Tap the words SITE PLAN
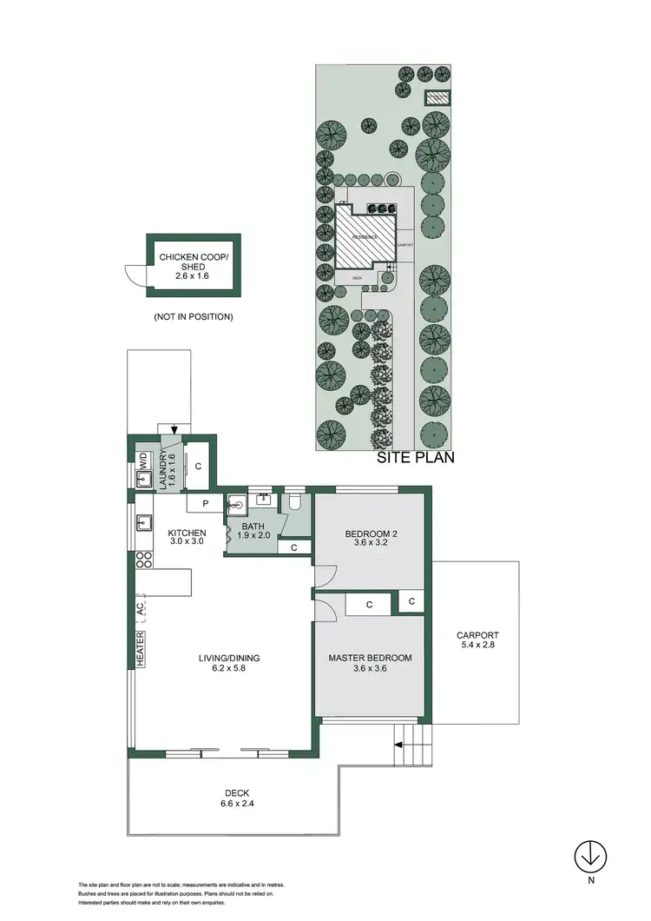415,459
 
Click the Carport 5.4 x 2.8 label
477,640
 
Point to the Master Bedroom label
370,664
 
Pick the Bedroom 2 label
371,539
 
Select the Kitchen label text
187,538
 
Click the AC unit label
141,609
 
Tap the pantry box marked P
206,502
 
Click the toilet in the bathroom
295,501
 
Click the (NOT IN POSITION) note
193,317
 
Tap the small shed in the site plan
436,97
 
